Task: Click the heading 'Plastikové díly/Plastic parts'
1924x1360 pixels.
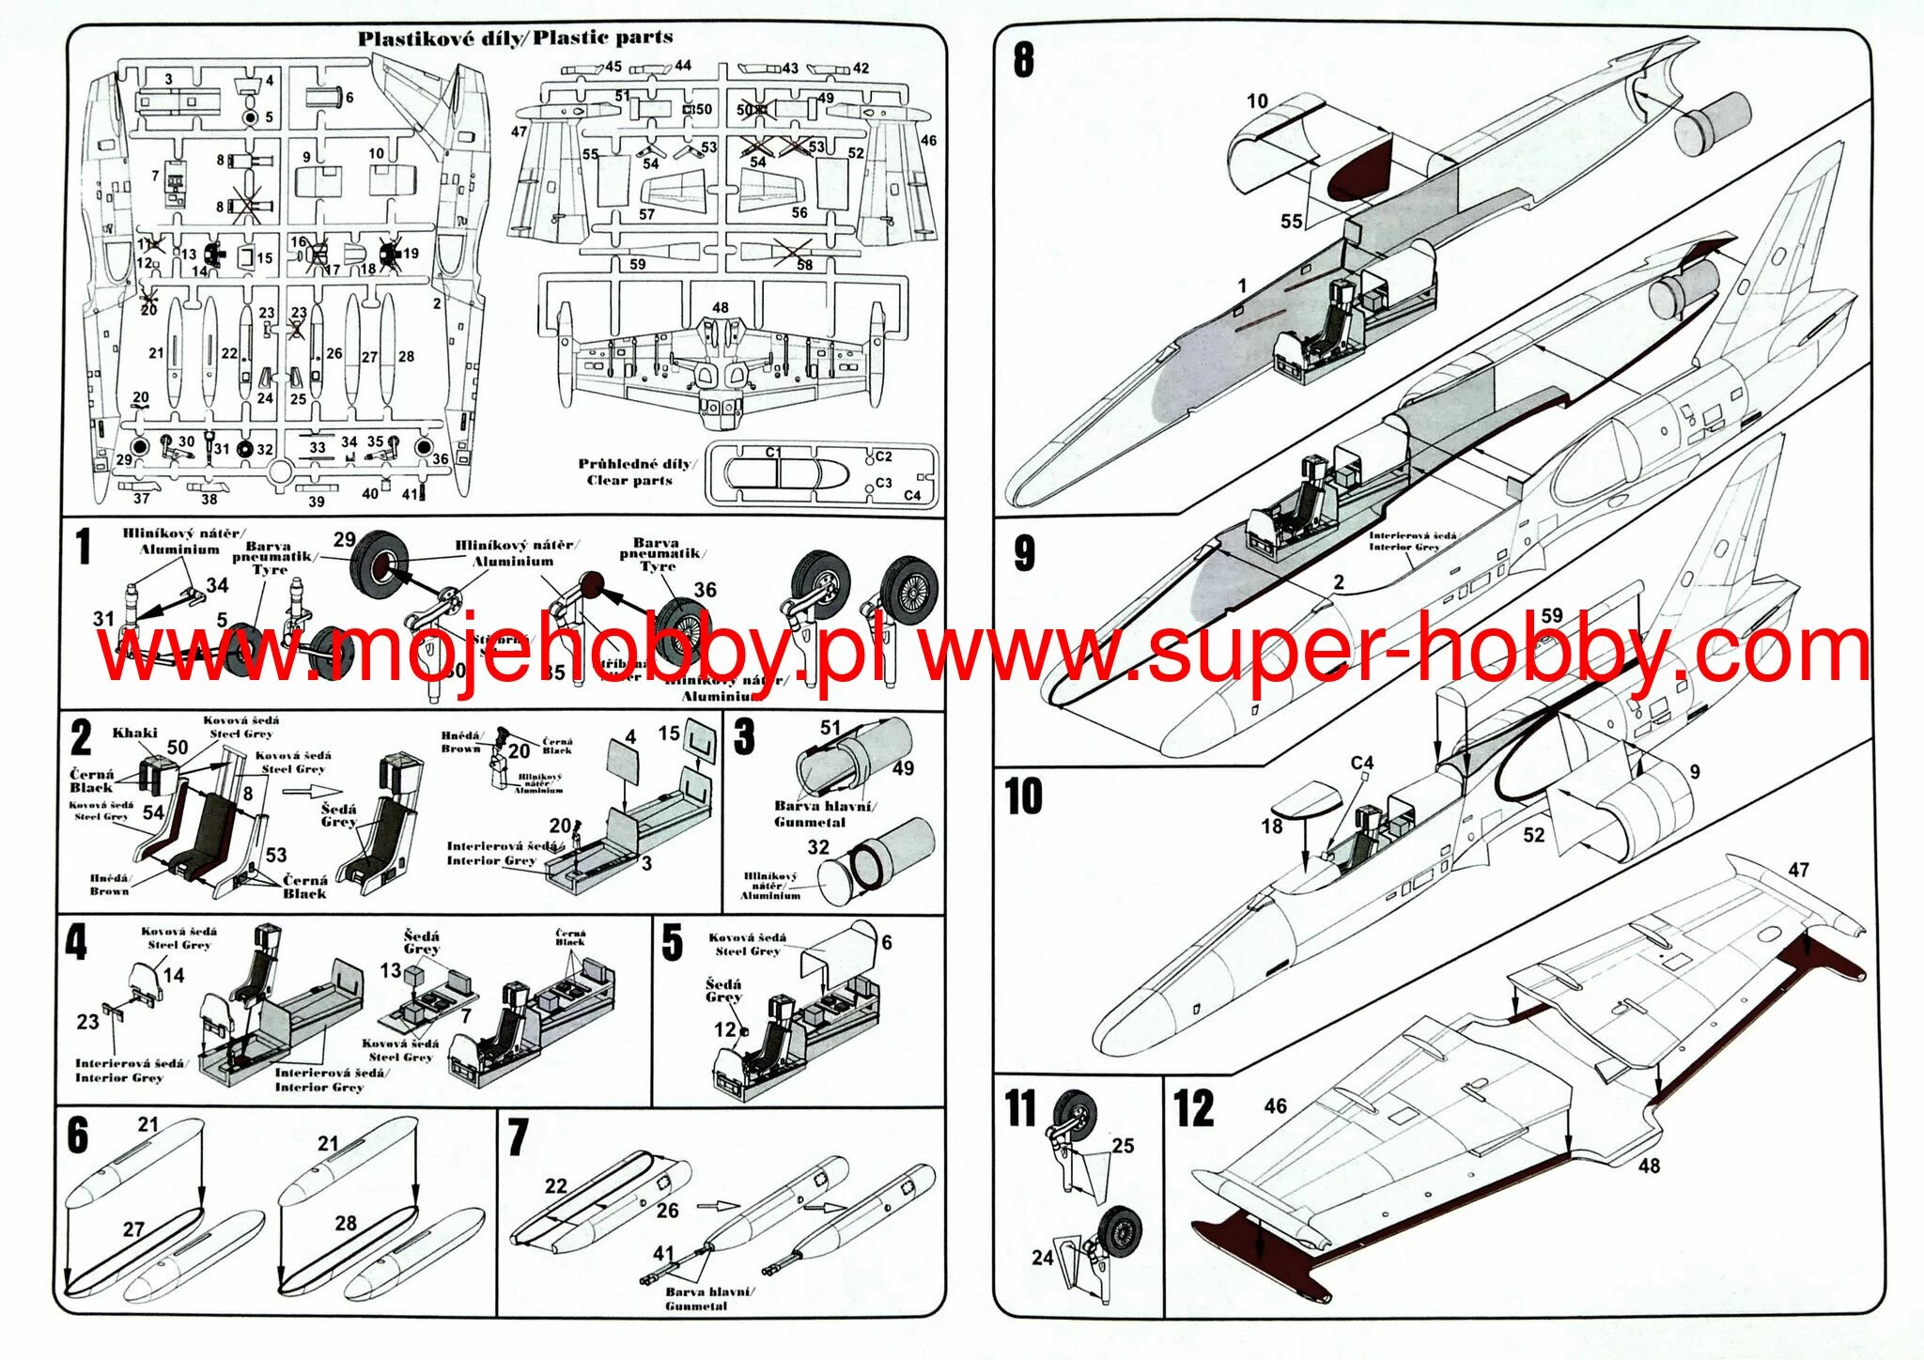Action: (515, 39)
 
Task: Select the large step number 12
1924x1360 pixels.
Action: (1194, 1109)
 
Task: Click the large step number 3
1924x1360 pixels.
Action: (744, 737)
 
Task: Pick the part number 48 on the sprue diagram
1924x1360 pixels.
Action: (720, 307)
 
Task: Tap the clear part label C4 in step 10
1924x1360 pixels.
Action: (1361, 763)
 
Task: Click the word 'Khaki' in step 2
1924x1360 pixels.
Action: (135, 733)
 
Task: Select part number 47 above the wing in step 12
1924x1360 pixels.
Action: (1798, 870)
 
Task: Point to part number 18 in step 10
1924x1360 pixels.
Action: (1272, 827)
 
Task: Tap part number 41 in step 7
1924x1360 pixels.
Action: (663, 1253)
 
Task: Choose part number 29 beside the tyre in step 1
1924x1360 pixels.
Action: (345, 539)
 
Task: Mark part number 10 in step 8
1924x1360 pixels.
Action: (1257, 100)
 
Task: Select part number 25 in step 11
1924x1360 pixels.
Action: (1123, 1146)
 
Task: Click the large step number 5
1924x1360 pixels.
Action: (672, 943)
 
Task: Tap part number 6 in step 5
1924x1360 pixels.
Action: (886, 942)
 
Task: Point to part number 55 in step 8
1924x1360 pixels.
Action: (1292, 221)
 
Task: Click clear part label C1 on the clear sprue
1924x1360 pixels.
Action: (773, 452)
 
